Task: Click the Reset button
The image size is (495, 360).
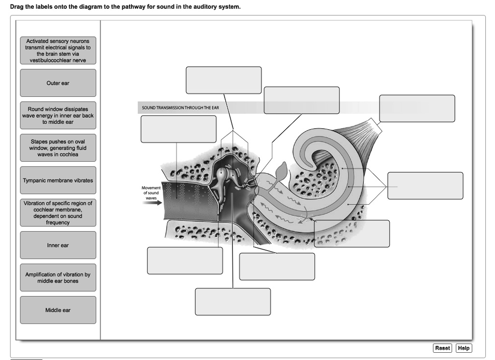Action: coord(442,348)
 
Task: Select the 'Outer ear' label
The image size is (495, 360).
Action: coord(58,83)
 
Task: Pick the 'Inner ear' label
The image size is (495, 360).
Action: coord(58,245)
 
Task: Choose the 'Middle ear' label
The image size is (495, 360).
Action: coord(58,310)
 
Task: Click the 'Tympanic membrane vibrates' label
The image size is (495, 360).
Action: coord(58,180)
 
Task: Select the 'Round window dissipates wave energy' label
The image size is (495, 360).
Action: coord(58,116)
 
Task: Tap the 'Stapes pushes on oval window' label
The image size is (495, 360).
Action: coord(58,148)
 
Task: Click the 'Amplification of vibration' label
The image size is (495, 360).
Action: coord(58,278)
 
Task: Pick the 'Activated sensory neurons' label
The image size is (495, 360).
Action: coord(58,51)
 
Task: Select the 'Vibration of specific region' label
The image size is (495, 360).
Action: coord(58,213)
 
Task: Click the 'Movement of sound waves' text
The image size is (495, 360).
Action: coord(150,193)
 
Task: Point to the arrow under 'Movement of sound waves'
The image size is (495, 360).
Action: coord(152,203)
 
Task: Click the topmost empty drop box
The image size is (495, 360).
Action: coord(223,80)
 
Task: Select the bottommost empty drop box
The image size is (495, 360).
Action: coord(233,302)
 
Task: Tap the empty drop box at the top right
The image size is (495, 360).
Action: coord(417,108)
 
